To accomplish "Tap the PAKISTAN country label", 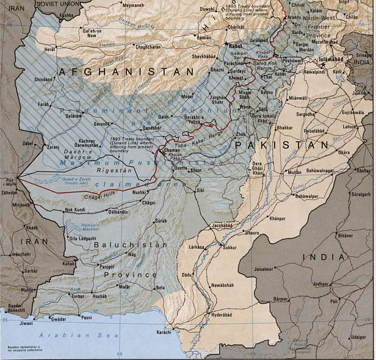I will click(282, 145).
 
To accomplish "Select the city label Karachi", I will click(164, 332).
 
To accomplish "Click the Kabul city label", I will click(236, 46).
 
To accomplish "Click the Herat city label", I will click(48, 49).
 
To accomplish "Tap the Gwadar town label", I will click(59, 319).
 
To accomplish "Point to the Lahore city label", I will click(349, 127).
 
